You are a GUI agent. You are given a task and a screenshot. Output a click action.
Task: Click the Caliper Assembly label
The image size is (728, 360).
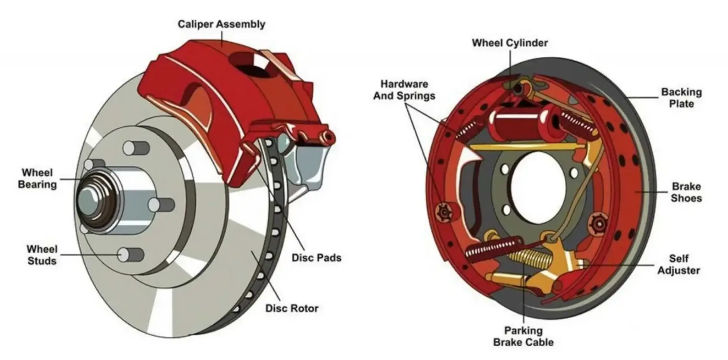point(221,24)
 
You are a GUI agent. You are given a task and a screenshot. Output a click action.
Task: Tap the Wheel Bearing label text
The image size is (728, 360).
point(38,179)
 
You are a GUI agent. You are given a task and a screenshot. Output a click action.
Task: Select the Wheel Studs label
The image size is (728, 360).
point(42,255)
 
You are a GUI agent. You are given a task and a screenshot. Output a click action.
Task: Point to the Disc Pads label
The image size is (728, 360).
point(317,258)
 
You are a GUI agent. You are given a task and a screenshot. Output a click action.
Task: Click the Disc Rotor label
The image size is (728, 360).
point(292,308)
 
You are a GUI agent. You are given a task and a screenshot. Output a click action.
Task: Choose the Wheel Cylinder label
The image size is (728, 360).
point(510,43)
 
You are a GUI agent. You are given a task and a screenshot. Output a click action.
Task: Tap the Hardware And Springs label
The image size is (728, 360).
point(404,90)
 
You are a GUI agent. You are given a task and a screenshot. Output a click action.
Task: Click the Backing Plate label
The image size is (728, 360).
point(681,98)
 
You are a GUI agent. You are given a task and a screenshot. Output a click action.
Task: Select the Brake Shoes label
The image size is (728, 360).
point(686,192)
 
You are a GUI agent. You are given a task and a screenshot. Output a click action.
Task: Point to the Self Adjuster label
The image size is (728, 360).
point(678,265)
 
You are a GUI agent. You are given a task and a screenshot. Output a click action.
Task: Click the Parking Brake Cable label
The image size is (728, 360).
point(523,336)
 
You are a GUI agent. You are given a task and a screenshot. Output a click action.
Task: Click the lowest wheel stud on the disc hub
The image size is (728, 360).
point(126,254)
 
